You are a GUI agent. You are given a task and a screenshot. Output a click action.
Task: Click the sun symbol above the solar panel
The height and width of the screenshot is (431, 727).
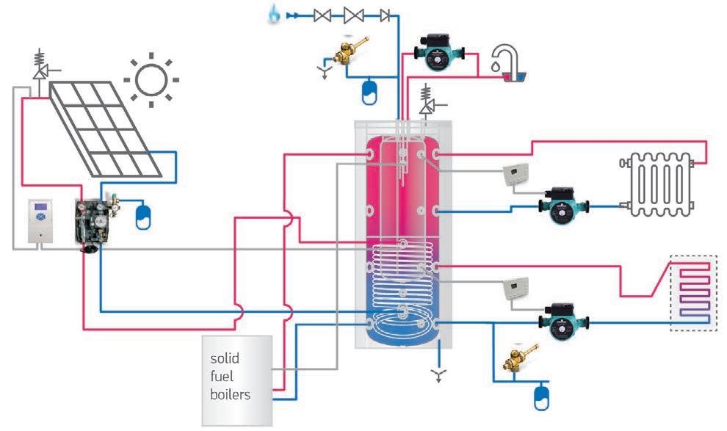[151, 77]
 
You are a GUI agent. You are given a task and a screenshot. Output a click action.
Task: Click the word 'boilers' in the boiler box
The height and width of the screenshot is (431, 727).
[231, 394]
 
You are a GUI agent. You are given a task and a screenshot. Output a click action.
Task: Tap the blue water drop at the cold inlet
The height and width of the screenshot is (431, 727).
[275, 14]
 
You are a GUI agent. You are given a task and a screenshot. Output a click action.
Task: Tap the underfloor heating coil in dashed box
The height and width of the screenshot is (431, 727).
[694, 292]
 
